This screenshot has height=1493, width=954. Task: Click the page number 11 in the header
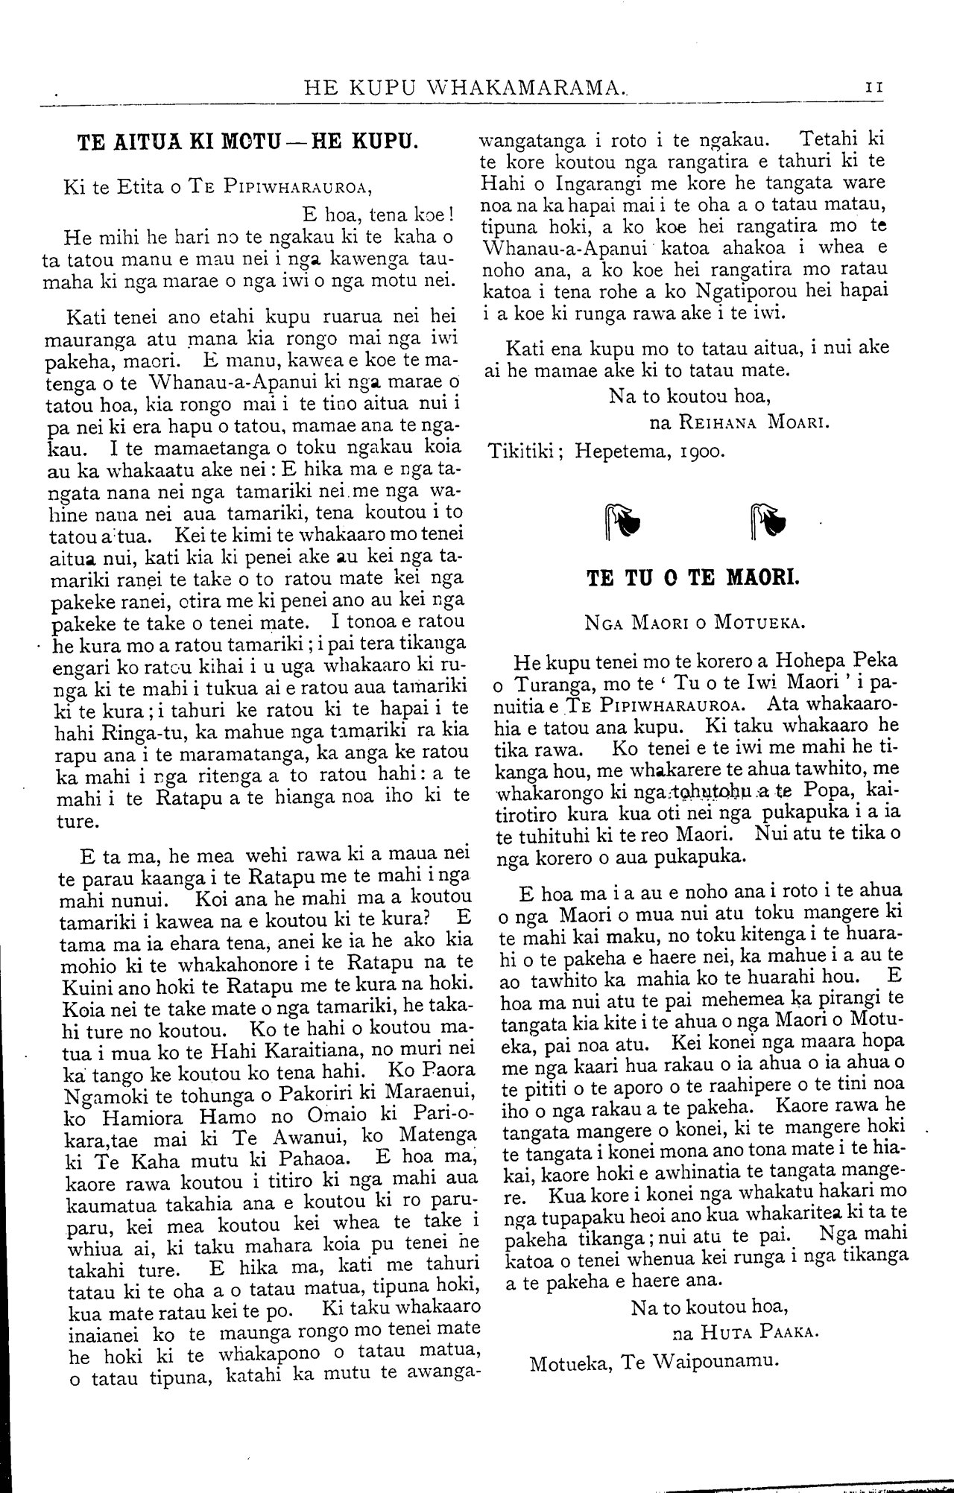(874, 87)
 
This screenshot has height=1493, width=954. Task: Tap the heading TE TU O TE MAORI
(692, 578)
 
